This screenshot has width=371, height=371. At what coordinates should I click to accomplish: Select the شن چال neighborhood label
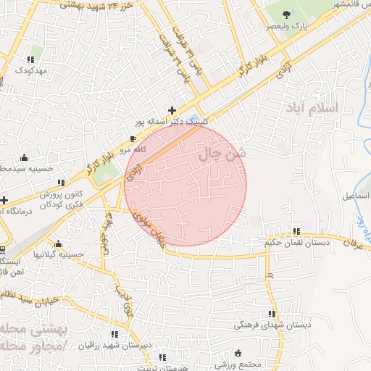point(222,154)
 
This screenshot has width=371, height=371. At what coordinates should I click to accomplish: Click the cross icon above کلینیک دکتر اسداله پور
point(171,109)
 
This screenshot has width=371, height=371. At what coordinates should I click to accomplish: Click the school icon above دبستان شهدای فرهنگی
point(272,314)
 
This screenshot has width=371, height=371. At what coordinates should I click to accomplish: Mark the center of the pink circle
point(185,185)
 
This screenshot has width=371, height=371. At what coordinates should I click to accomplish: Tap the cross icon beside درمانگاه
point(4,199)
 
